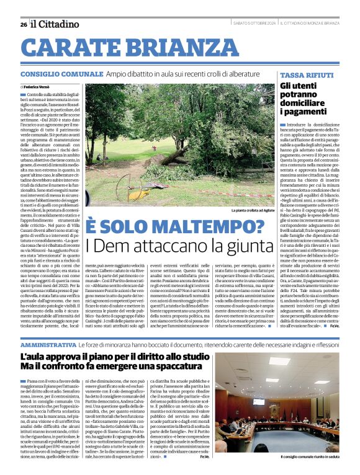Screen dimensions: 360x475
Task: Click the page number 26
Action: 23,24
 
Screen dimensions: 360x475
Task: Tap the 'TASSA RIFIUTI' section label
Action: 302,74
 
